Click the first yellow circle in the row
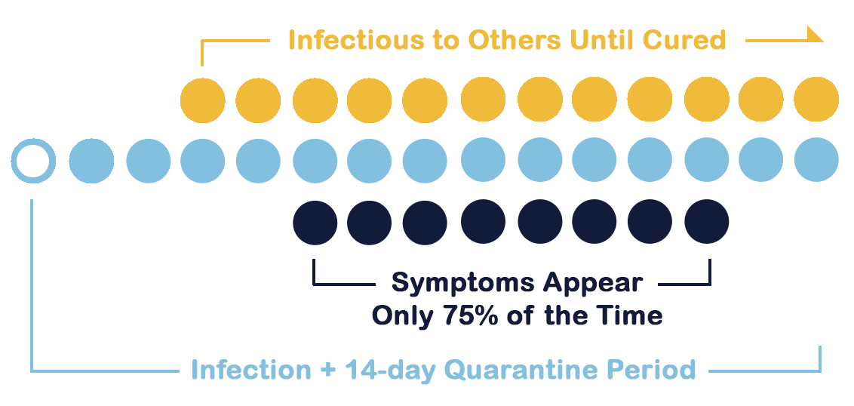[x=203, y=101]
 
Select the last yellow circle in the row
[x=816, y=100]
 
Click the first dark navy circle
[x=315, y=223]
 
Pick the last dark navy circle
[x=706, y=222]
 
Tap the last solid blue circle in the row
[x=816, y=160]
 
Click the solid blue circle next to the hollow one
[x=91, y=161]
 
